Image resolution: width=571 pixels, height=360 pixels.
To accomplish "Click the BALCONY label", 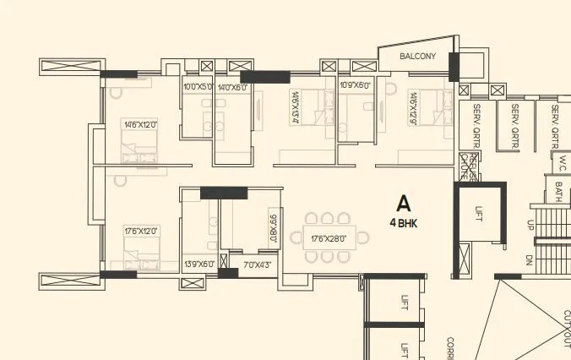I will coord(418,57).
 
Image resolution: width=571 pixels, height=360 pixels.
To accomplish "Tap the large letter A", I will coord(404,204).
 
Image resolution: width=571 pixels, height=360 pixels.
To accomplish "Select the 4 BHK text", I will coord(404,223).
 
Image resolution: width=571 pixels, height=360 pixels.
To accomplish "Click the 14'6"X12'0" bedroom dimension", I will coord(140,125).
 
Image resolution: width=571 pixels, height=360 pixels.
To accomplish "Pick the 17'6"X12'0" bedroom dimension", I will coord(140,230).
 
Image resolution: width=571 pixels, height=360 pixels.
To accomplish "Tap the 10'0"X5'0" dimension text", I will coord(198,87).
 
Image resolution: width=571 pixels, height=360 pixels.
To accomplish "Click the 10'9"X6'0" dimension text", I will coord(355,85).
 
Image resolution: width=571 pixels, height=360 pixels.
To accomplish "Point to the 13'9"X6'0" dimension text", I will coord(198,265).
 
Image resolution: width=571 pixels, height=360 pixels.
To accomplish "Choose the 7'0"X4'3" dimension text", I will coord(257,265).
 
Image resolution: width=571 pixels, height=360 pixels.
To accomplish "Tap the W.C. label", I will coord(561,158).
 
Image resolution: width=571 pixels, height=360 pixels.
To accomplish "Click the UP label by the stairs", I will coord(530,226).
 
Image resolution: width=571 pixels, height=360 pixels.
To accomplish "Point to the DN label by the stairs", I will coord(529,259).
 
